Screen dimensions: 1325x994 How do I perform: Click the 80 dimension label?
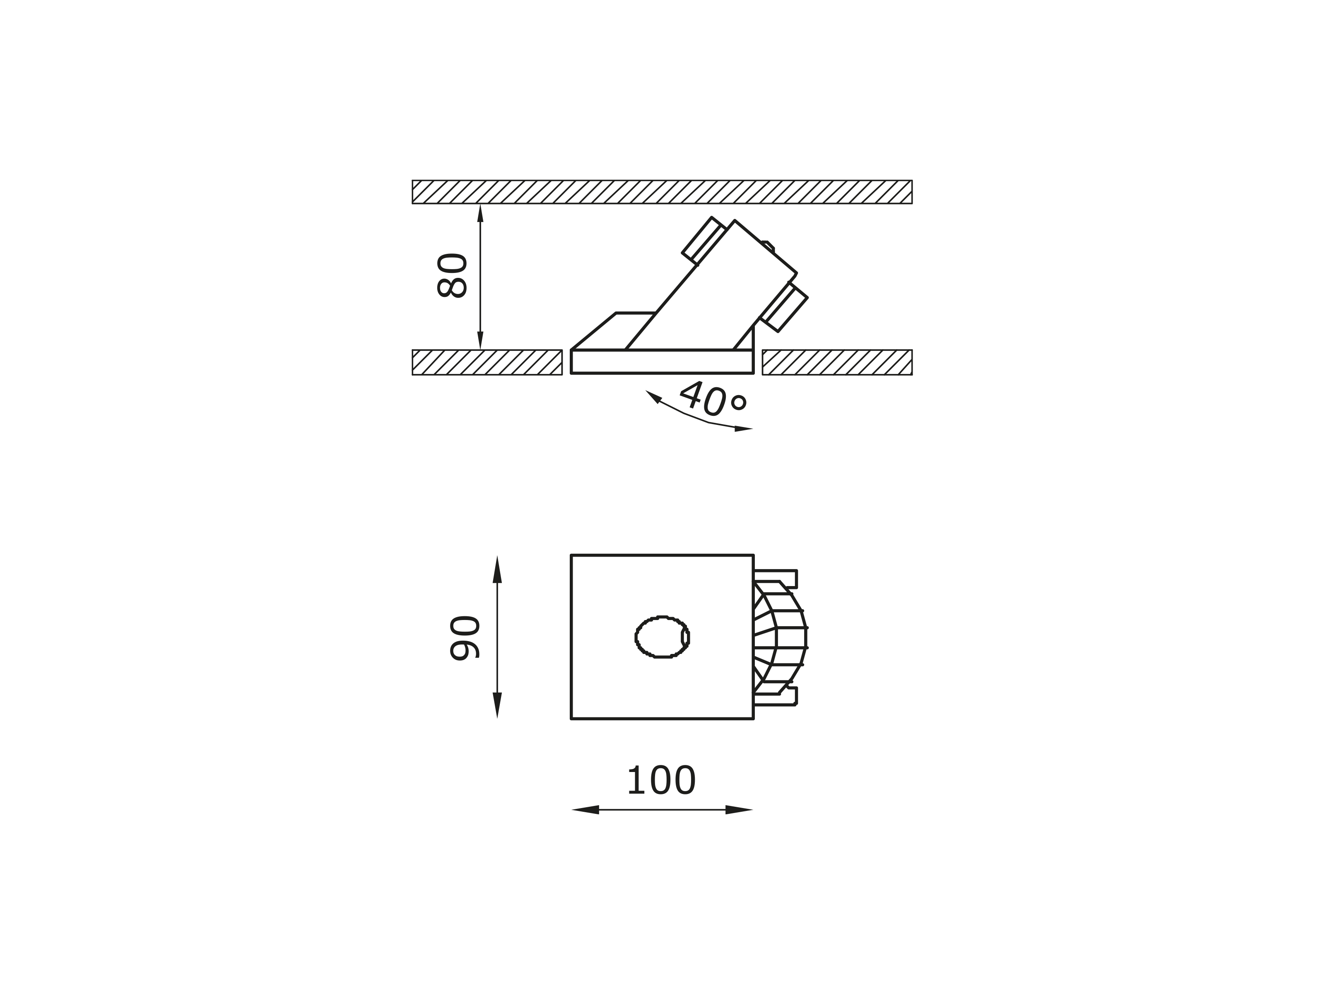[452, 275]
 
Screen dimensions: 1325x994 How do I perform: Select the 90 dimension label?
[465, 638]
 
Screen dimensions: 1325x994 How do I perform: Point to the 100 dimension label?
[661, 781]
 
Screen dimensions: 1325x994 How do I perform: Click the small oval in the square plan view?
[662, 637]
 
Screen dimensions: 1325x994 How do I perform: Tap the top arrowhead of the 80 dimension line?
[480, 214]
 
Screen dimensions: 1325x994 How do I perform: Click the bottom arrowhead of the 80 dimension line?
[480, 340]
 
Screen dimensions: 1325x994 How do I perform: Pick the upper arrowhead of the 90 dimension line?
[497, 569]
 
